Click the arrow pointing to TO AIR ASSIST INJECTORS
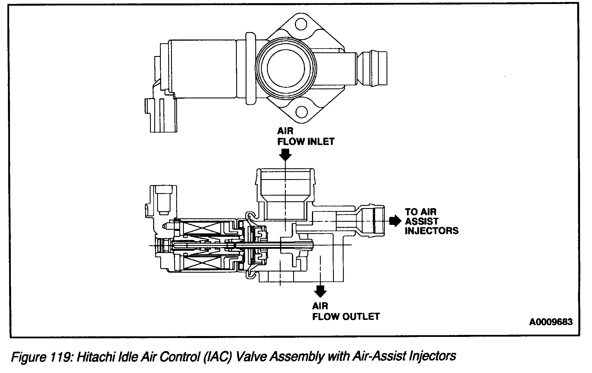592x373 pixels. coord(395,221)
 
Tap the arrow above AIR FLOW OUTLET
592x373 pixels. coord(320,291)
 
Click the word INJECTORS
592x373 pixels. coord(431,231)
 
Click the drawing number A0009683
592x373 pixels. coord(551,322)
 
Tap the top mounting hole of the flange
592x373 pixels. coord(301,24)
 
